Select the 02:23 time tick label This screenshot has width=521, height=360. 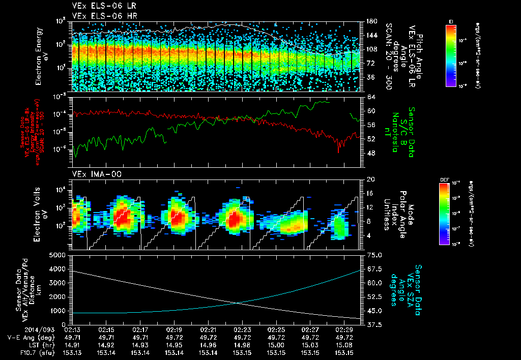[242, 329]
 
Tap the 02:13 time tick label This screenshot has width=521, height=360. [72, 329]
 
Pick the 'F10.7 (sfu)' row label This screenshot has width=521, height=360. [34, 352]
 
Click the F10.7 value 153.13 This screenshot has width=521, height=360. [72, 352]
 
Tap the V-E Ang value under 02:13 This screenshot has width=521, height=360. [72, 337]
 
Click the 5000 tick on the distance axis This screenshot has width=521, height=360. [59, 255]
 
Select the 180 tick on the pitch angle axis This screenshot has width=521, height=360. [371, 21]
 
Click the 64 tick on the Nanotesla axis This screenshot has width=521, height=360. [369, 97]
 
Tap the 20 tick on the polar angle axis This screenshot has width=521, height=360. [369, 179]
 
